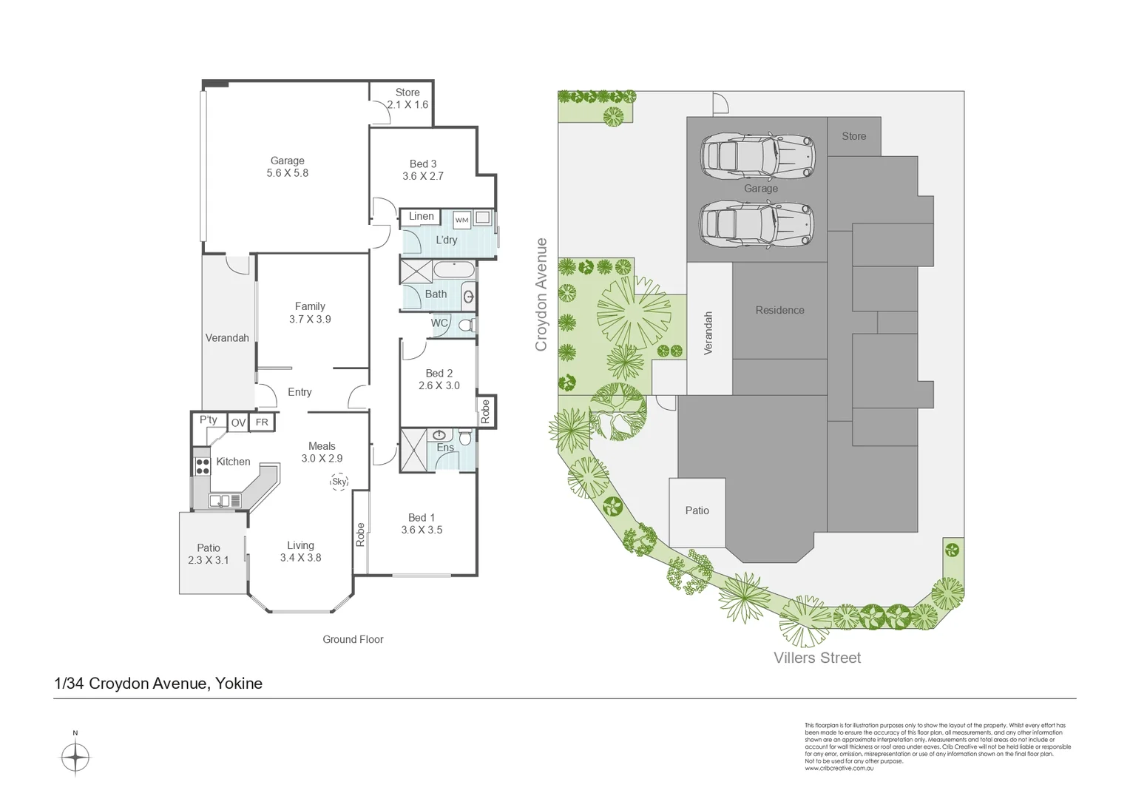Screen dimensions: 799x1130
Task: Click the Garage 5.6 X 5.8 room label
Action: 288,166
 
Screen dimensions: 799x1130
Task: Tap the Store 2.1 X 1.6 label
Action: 407,98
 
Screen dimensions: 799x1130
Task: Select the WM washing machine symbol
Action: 461,220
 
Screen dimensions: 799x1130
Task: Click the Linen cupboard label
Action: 422,217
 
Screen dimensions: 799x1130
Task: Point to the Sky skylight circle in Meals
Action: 339,482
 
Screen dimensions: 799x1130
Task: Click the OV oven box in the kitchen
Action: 238,422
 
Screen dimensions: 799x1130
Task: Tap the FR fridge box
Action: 262,422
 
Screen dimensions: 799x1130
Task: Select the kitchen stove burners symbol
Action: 202,466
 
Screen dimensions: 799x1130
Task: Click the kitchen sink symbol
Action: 220,501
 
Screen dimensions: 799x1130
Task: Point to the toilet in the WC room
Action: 466,325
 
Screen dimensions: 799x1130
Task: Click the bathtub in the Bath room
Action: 454,270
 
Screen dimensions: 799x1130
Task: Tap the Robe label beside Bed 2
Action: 485,411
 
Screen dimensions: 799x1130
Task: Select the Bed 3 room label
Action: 423,169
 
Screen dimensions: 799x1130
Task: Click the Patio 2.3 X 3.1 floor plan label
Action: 209,554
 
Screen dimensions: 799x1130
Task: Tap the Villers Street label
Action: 817,658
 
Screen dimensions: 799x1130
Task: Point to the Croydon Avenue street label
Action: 541,294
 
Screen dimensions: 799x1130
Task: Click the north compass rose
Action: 75,758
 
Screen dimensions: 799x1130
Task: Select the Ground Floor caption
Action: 353,639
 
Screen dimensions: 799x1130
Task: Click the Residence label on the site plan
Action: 779,310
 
